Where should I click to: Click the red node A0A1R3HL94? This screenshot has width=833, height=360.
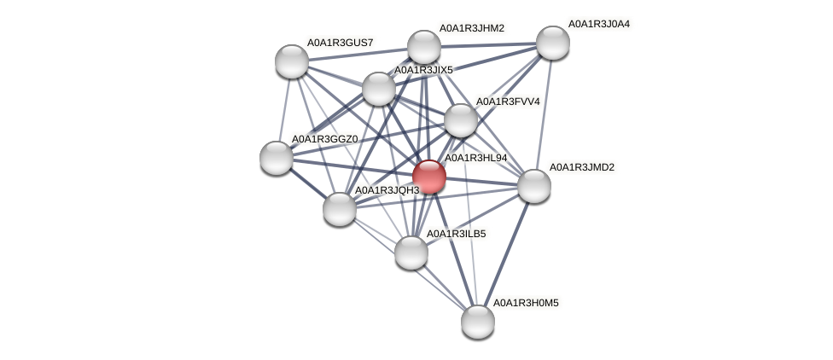(x=429, y=177)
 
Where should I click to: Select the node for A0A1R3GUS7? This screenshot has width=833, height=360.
(x=292, y=61)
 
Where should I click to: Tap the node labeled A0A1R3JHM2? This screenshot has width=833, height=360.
(x=424, y=47)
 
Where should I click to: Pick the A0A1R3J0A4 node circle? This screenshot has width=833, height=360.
(x=553, y=43)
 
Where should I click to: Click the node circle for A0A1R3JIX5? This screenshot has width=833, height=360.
(x=379, y=89)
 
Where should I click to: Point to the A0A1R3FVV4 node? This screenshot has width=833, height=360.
(x=461, y=120)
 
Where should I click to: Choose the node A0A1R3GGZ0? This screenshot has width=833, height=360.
(x=277, y=158)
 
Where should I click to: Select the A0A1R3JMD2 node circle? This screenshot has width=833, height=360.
(x=534, y=186)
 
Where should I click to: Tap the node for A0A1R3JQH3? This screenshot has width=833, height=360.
(x=340, y=209)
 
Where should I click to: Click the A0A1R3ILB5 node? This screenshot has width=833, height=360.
(x=411, y=252)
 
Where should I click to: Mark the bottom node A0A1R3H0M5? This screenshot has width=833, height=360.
(x=478, y=322)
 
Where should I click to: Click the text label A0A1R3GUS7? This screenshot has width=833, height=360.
(x=340, y=42)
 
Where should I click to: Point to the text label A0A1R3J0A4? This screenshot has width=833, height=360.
(x=598, y=24)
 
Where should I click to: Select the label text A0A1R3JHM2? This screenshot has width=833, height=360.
(x=471, y=28)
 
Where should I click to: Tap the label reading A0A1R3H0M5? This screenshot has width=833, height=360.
(x=526, y=303)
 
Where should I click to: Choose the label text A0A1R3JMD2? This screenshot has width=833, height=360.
(x=581, y=167)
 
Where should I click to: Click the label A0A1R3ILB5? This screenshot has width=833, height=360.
(x=456, y=233)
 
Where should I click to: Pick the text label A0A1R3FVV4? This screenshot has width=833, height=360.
(x=508, y=102)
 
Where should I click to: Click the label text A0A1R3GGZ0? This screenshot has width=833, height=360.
(x=324, y=139)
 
